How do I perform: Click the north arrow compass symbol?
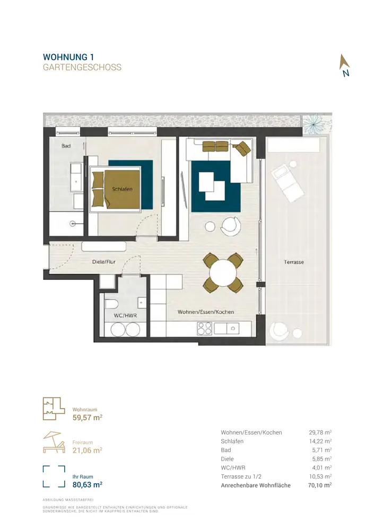[345, 65]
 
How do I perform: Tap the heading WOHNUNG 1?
[68, 57]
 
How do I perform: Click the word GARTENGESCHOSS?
[82, 67]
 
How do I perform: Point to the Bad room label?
[66, 146]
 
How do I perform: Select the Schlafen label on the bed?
[122, 189]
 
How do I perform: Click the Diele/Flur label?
[104, 262]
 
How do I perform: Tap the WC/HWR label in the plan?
[125, 316]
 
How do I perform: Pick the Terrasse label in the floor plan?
[294, 262]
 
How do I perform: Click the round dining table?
[222, 272]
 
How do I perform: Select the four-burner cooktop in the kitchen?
[205, 328]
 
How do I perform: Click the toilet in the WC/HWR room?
[111, 304]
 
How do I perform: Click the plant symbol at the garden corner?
[313, 124]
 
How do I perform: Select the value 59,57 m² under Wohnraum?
[87, 418]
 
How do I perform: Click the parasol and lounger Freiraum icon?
[54, 442]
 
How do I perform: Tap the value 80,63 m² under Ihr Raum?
[87, 485]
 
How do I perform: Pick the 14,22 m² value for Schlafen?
[320, 441]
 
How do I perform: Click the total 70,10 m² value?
[320, 485]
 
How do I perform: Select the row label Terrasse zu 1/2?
[241, 476]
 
